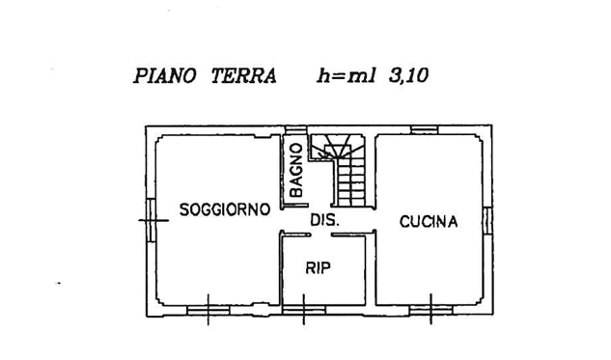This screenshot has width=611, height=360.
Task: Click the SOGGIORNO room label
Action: pos(222,211)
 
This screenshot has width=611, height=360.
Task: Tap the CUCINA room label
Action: pos(429,222)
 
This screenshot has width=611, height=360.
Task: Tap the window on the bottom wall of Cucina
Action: pos(430,310)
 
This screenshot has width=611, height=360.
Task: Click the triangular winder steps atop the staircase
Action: pos(337,149)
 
